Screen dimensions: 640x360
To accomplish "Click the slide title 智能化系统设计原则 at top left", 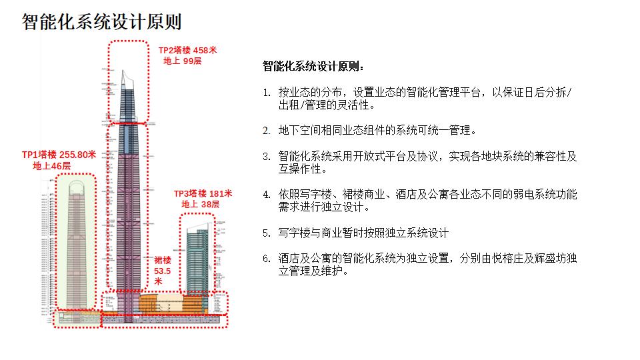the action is click(102, 21).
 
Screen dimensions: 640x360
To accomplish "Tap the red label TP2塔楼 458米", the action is click(187, 50).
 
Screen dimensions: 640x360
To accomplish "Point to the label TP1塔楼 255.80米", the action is click(59, 155).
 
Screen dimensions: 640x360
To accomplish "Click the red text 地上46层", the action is click(51, 165).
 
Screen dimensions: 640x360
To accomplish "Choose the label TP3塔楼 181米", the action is click(203, 193).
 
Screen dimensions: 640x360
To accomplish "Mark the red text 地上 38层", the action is click(200, 204).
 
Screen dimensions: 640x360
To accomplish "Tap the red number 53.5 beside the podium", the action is click(163, 271).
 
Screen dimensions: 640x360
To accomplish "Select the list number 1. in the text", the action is click(266, 93).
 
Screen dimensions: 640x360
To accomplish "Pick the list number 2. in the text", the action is click(266, 130).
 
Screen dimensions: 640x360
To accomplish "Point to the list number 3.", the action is click(266, 156).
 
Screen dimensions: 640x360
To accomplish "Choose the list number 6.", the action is click(266, 259).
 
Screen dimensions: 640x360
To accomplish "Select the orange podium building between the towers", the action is click(160, 303).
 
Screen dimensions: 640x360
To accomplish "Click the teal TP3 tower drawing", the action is click(197, 260).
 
